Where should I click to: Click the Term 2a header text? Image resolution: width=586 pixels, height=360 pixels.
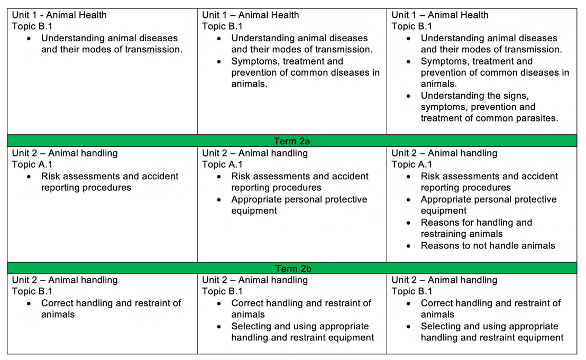[x=292, y=142]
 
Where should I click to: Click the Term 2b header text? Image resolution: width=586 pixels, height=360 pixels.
[x=292, y=269]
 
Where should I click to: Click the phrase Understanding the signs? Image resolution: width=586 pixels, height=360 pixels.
[x=474, y=96]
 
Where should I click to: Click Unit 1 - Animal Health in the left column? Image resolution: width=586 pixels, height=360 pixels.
[x=59, y=15]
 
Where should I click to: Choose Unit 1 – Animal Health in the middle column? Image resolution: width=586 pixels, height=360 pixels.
[x=251, y=15]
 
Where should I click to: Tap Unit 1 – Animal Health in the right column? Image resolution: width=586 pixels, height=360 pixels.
[x=440, y=15]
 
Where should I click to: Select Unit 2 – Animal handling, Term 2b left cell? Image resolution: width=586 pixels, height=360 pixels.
[x=65, y=280]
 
